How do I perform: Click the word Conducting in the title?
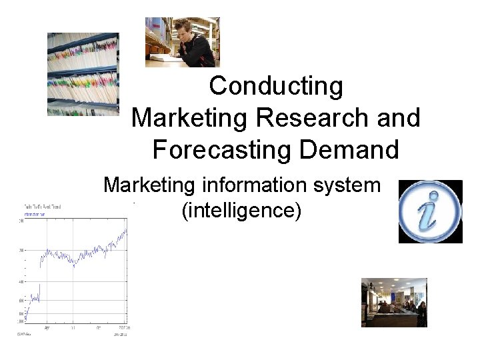276,86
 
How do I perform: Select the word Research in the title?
311,118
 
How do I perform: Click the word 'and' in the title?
398,118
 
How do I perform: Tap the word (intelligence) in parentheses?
241,211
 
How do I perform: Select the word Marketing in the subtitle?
149,185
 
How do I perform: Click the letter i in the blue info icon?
429,212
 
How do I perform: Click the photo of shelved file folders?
83,73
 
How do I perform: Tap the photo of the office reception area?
394,303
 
